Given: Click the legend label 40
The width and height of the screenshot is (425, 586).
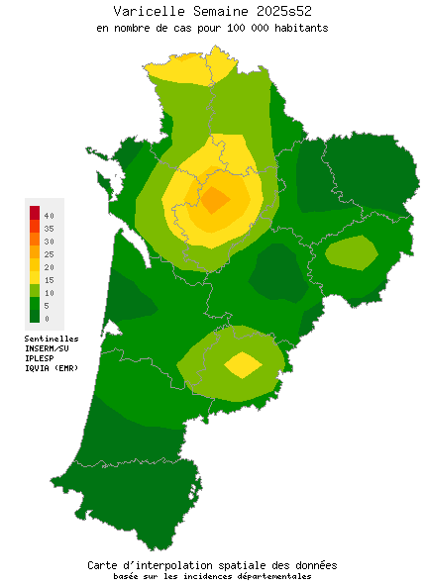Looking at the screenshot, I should click(x=49, y=215).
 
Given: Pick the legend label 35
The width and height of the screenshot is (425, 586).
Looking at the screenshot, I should click(x=49, y=228).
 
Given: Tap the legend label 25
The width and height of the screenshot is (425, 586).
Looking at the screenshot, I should click(x=49, y=254).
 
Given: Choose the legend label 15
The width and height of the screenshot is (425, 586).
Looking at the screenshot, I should click(x=49, y=280).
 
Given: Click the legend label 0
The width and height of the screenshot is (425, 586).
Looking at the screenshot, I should click(x=47, y=319).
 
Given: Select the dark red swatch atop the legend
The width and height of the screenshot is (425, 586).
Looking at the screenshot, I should click(x=35, y=212).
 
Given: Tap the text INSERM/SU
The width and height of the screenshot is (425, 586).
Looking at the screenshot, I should click(x=47, y=348).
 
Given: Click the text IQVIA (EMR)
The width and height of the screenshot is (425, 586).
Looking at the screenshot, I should click(x=51, y=368).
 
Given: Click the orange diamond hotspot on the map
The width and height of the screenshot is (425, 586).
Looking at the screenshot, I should click(x=216, y=199).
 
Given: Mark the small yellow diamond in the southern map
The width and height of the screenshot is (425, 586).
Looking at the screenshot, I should click(x=243, y=364).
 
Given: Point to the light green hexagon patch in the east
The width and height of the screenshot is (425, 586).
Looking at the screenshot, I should click(x=352, y=252).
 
